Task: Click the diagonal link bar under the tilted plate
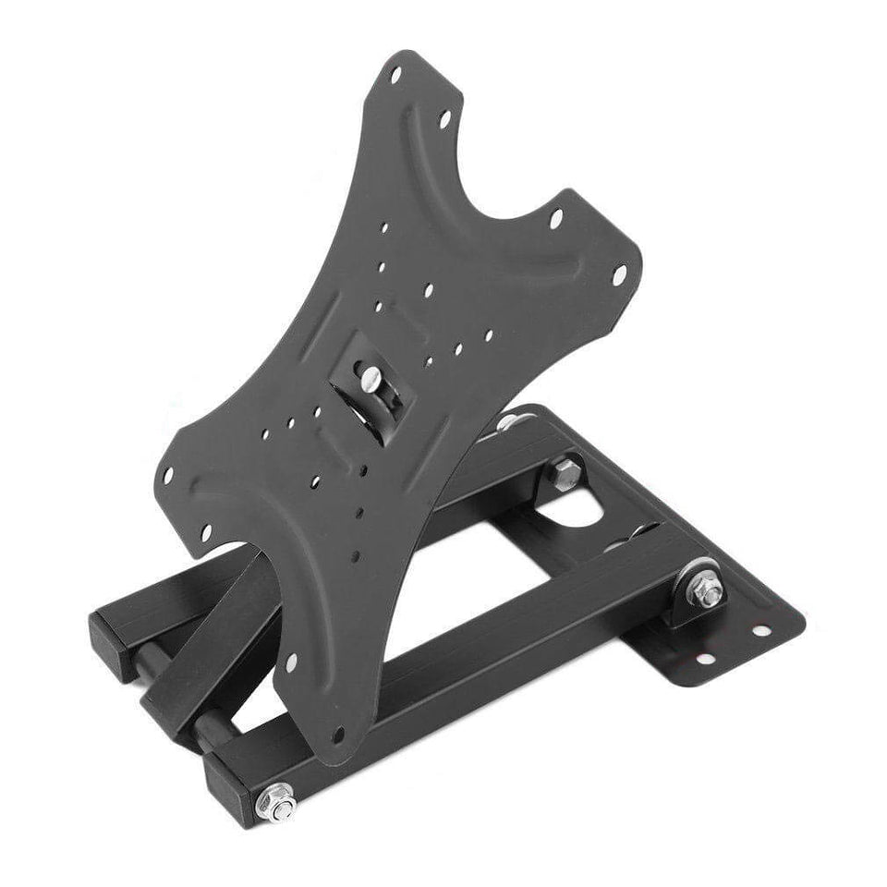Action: click(217, 638)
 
